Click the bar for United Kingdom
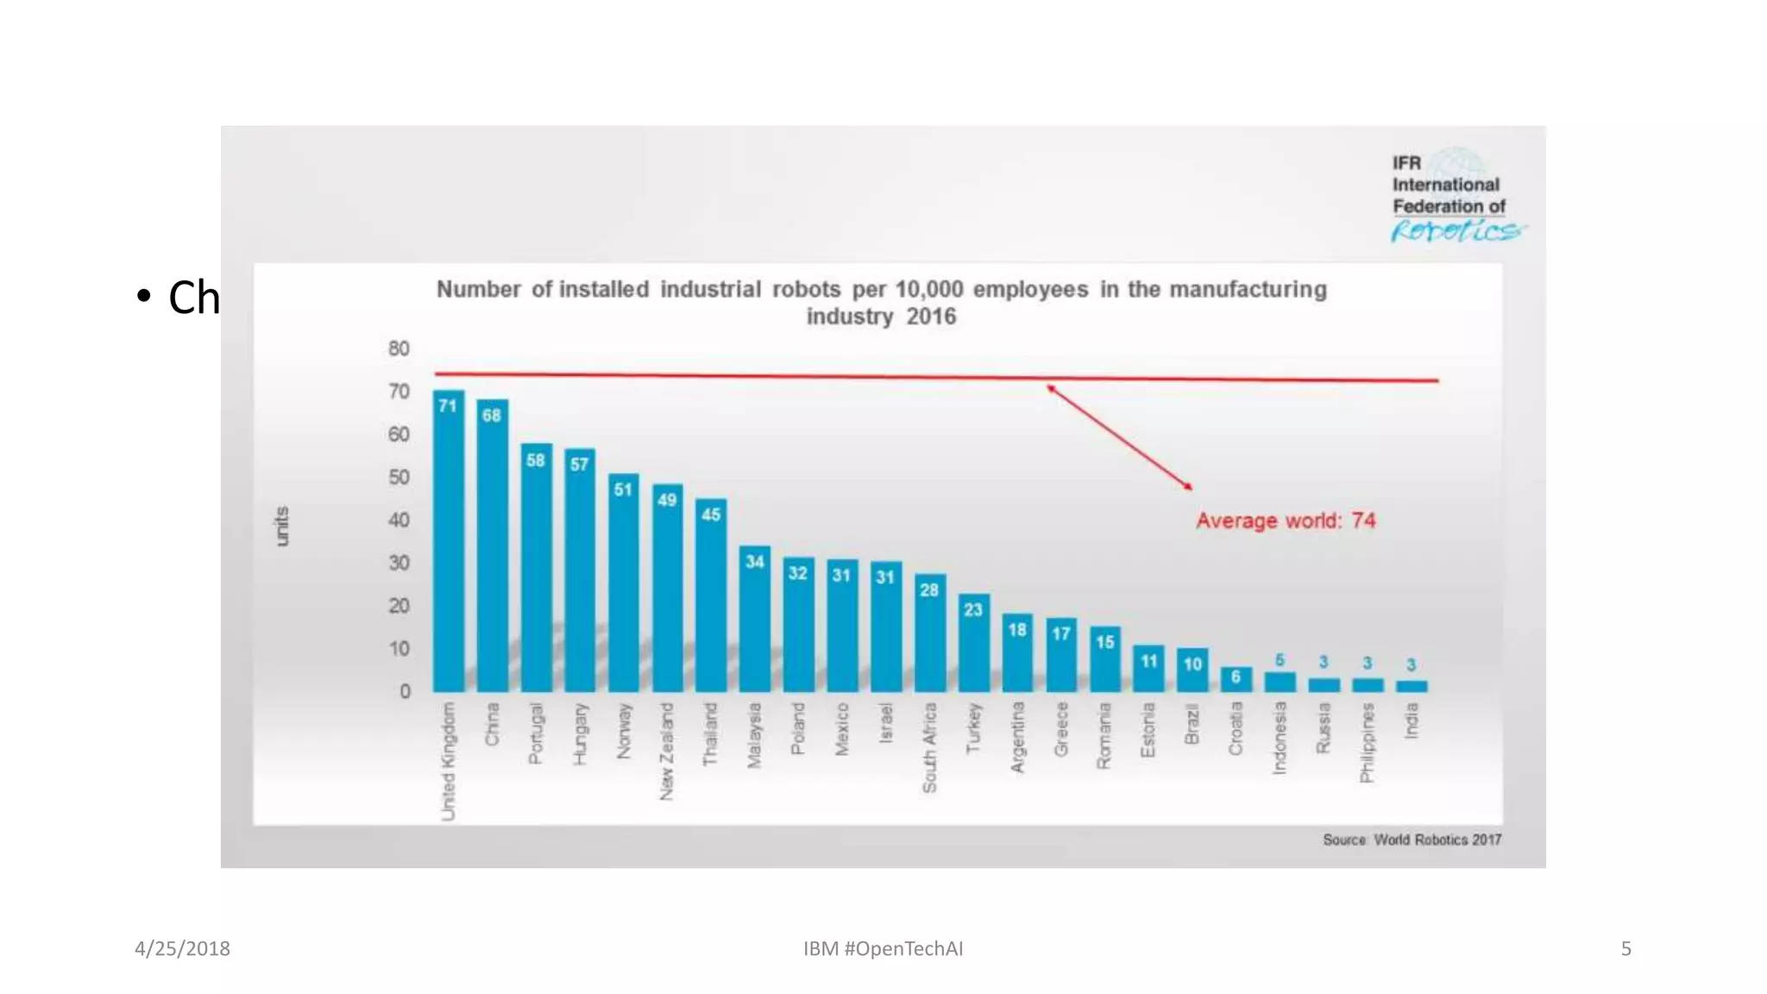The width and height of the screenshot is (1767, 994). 448,544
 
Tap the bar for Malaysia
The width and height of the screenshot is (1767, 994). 754,621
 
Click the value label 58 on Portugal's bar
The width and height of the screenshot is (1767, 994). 536,460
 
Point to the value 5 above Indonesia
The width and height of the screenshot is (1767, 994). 1280,660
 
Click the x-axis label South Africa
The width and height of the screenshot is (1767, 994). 929,747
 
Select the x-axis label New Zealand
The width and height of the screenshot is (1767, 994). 666,751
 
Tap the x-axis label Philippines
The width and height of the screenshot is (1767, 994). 1367,742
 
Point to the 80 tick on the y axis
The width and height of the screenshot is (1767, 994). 399,349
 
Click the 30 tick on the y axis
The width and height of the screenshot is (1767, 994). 399,563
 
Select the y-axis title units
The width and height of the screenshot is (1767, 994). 281,526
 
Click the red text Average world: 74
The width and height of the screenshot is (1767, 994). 1285,521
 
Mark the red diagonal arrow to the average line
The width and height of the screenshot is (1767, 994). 1119,437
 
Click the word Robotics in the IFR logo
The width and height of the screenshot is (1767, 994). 1456,231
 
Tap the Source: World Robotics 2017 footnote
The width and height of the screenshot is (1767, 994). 1412,840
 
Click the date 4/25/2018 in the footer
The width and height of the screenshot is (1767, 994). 182,948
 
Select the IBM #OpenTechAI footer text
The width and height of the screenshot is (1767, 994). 883,948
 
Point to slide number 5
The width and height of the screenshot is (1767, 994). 1626,948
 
